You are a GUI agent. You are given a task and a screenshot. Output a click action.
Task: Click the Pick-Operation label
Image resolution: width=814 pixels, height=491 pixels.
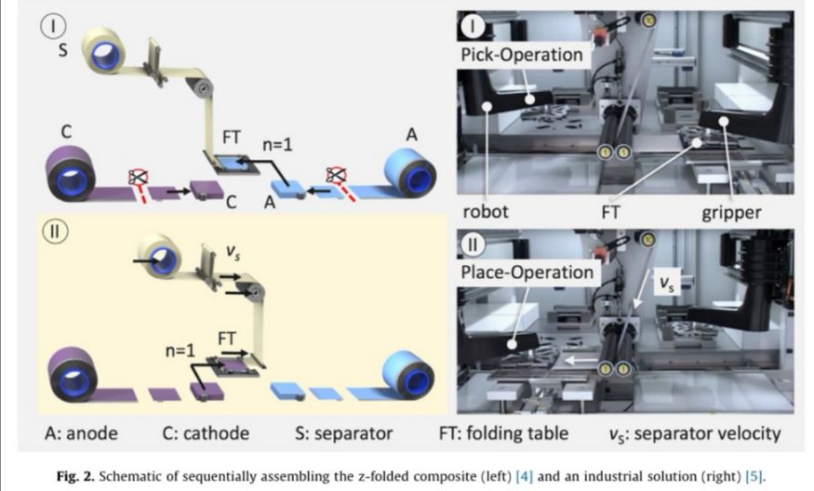click(522, 54)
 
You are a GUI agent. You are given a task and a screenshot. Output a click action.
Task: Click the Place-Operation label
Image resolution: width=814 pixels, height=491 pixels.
click(526, 272)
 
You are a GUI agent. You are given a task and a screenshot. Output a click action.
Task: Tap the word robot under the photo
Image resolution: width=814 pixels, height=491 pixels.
click(486, 212)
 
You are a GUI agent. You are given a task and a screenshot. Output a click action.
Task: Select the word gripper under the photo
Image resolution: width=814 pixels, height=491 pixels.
click(732, 212)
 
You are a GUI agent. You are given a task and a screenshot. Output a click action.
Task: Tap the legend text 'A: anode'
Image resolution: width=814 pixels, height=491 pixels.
click(84, 433)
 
